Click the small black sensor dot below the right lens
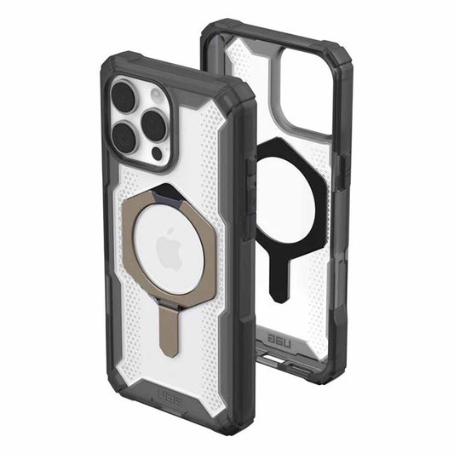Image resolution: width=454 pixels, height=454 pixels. pos(157,153)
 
